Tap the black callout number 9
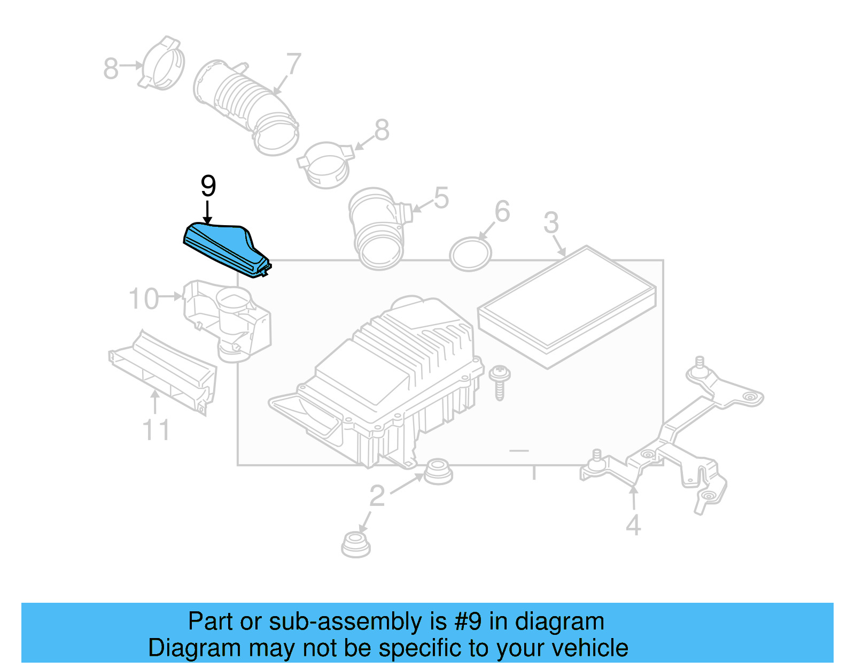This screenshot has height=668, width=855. click(x=208, y=186)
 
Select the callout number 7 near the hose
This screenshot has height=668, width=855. click(x=293, y=65)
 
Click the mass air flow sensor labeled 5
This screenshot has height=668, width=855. click(x=377, y=227)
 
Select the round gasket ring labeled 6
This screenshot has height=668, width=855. click(x=470, y=254)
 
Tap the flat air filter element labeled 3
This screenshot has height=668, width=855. click(x=566, y=308)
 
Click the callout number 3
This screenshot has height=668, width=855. click(x=551, y=223)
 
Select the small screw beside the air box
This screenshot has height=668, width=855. click(x=500, y=381)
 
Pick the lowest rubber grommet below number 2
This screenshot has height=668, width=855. click(x=355, y=544)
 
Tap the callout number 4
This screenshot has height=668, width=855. click(x=633, y=526)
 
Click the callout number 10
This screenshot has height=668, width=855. click(x=144, y=298)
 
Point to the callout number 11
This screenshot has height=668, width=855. click(x=156, y=430)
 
